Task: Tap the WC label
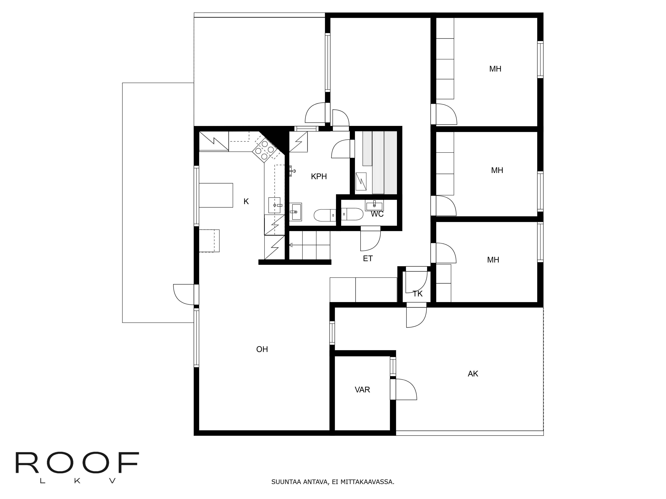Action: click(377, 214)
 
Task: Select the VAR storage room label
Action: click(362, 390)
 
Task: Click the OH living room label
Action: click(262, 349)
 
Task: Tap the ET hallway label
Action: click(368, 259)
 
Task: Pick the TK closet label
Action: click(418, 294)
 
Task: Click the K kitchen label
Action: click(246, 202)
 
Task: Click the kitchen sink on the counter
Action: click(274, 205)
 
